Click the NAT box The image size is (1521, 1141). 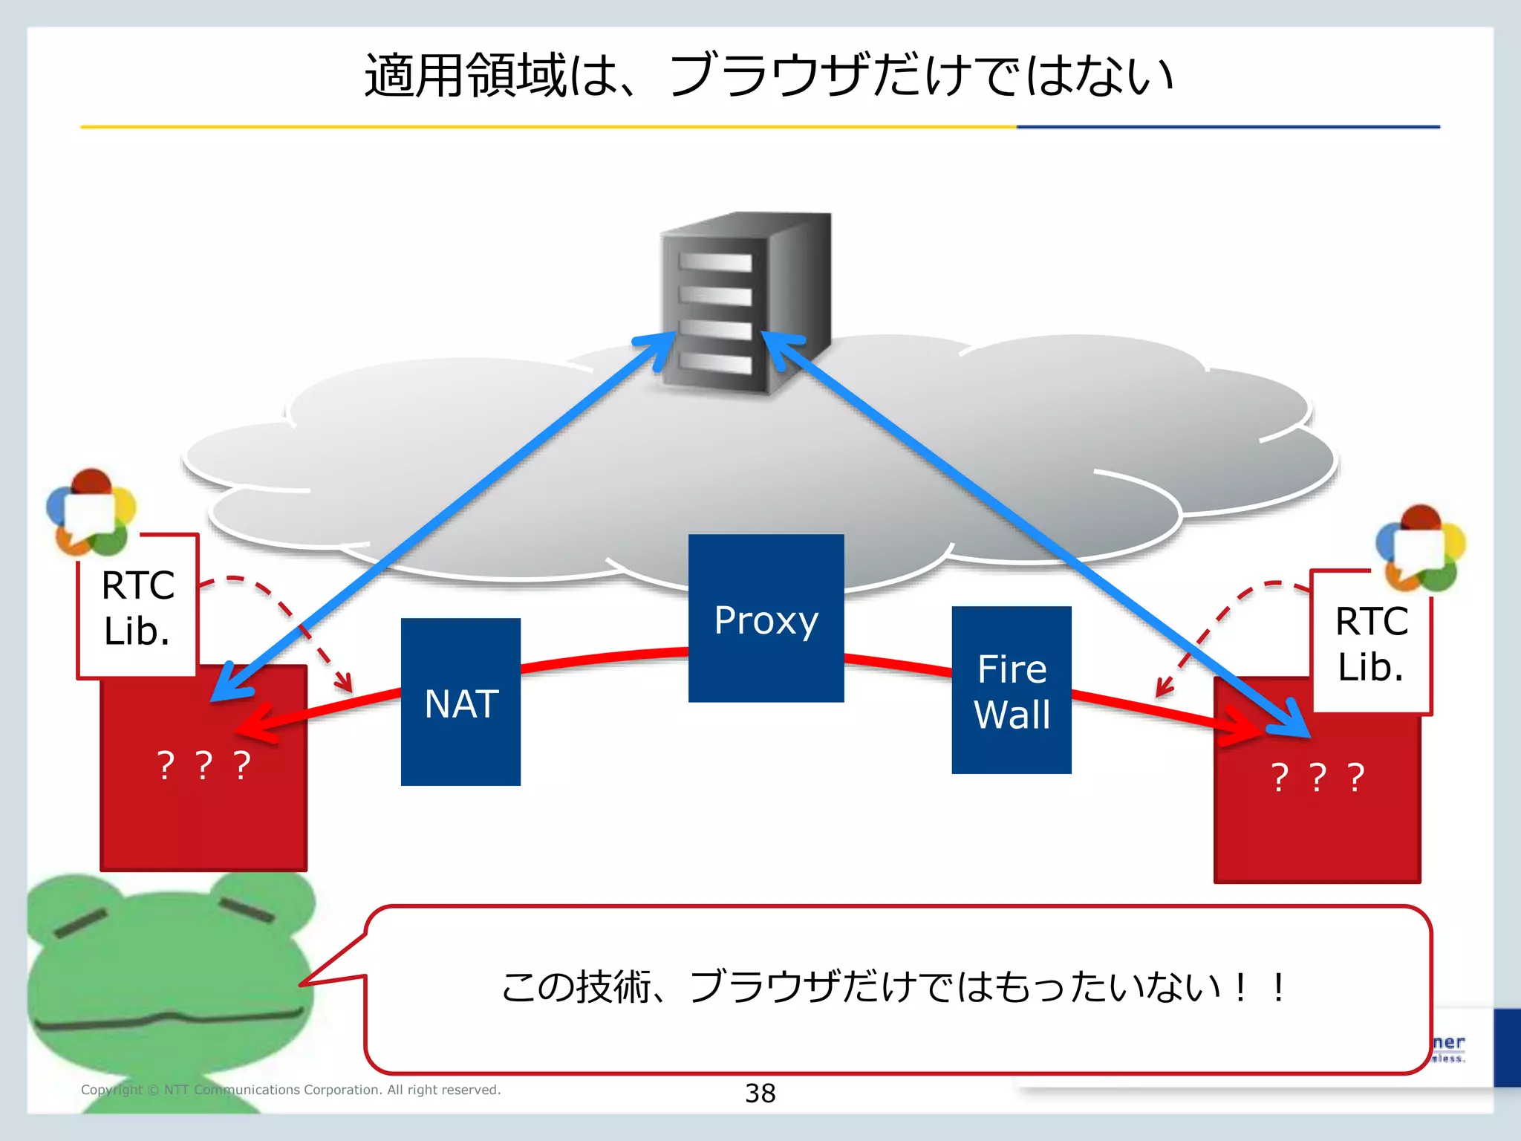point(460,702)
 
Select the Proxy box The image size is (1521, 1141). point(766,619)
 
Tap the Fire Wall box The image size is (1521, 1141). point(1011,690)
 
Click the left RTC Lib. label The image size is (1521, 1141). point(137,608)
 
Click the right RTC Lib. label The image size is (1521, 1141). point(1371,643)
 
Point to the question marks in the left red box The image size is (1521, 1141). point(203,765)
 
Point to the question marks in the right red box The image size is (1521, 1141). point(1317,777)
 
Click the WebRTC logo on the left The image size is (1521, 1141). point(91,513)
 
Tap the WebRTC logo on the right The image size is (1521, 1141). point(1420,548)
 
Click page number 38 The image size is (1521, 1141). point(760,1093)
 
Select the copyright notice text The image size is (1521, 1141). point(290,1090)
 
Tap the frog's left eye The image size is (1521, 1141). point(80,923)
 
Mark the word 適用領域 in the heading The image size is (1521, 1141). point(466,76)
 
